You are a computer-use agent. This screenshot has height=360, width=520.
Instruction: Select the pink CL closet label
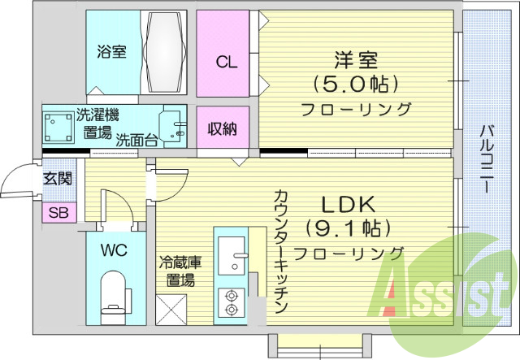(227, 62)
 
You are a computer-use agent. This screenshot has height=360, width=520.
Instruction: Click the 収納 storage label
(221, 128)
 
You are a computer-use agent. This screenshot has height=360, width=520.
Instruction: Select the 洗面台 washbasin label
(136, 140)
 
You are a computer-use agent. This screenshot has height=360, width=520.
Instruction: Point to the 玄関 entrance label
(57, 176)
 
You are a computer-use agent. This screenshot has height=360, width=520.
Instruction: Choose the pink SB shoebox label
(58, 214)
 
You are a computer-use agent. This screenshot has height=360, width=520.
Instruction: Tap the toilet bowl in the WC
(113, 293)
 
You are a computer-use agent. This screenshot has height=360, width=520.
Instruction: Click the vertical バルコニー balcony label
(484, 158)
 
